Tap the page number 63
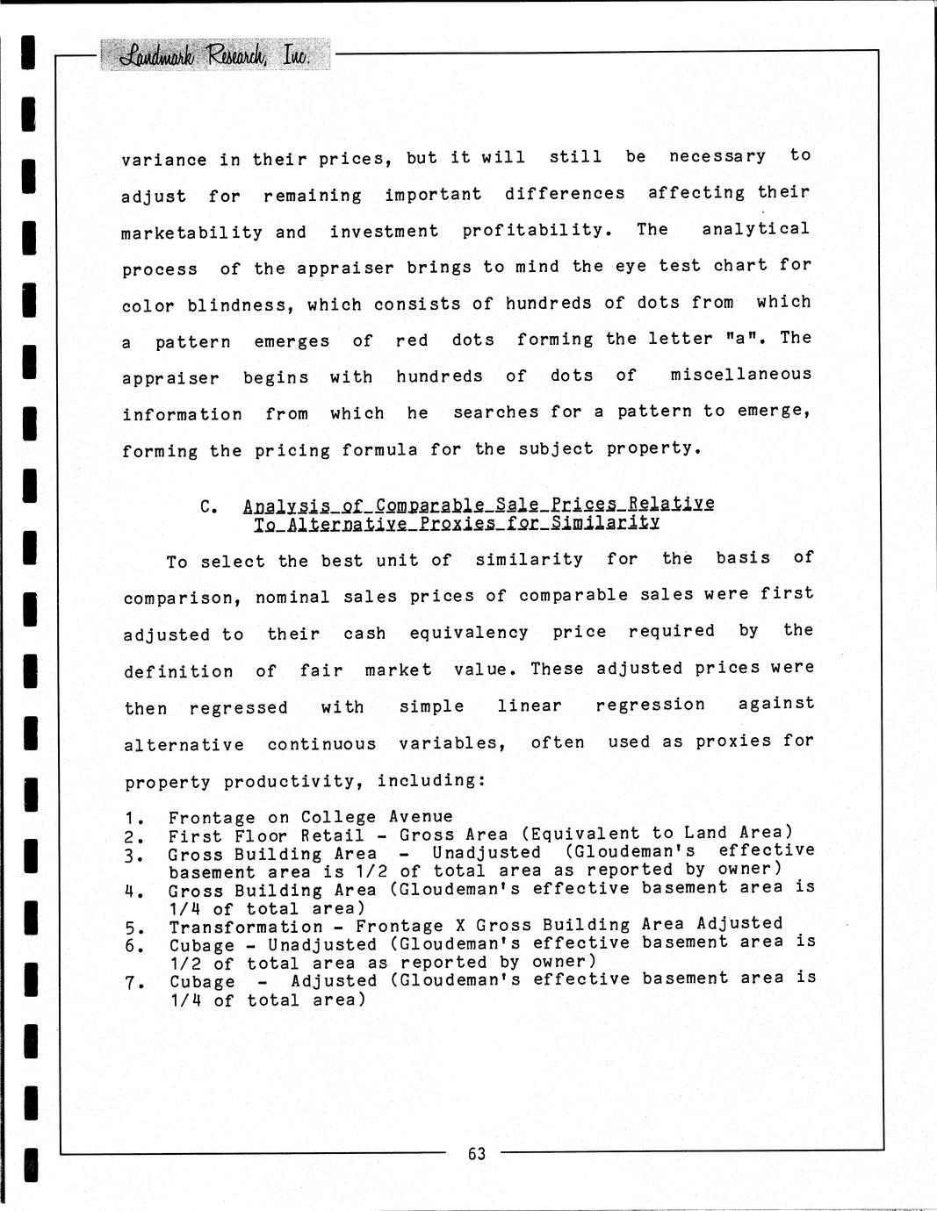tap(477, 1153)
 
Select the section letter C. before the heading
tap(208, 506)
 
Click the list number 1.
tap(133, 819)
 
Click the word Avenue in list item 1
tap(421, 817)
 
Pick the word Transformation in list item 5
tap(246, 927)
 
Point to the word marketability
tap(192, 233)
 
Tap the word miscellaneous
tap(741, 375)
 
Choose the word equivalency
tap(469, 633)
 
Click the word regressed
tap(239, 707)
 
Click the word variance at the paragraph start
tap(164, 160)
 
